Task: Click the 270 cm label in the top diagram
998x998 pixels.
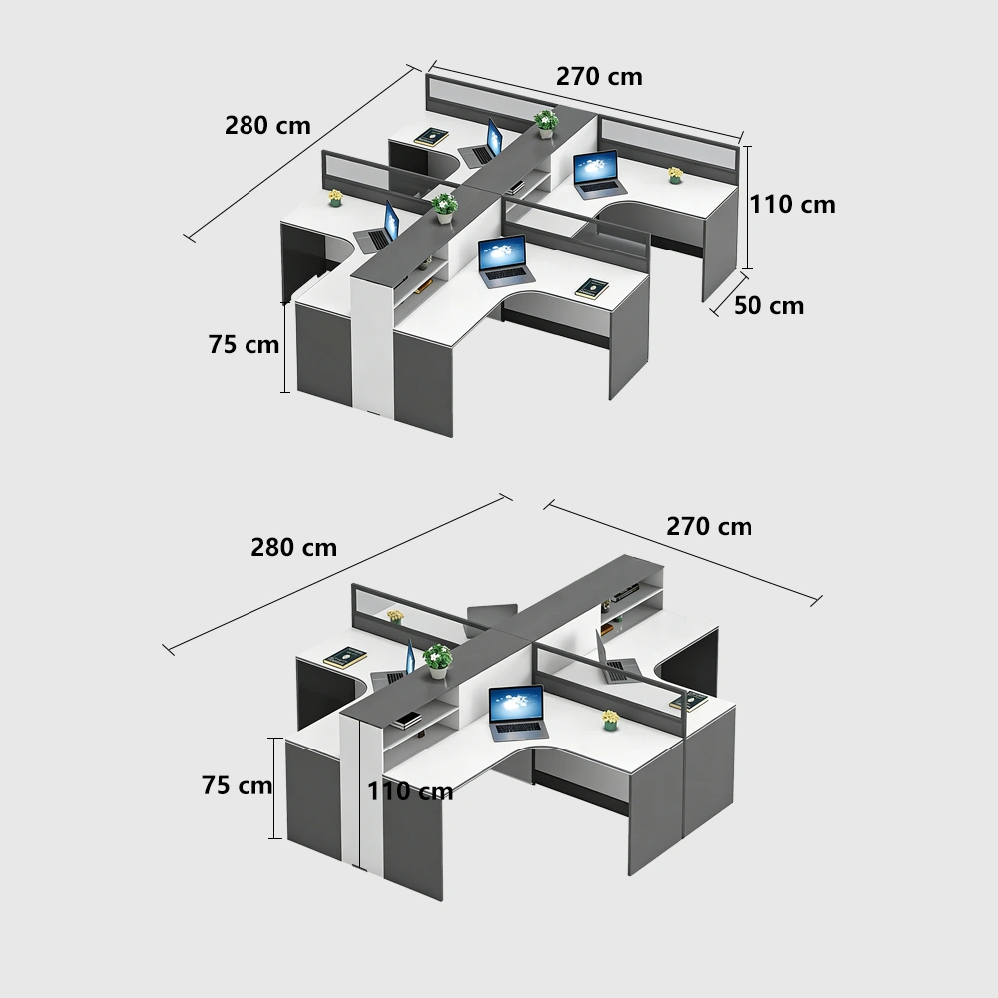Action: pyautogui.click(x=599, y=76)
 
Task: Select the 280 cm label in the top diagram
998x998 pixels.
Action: pyautogui.click(x=267, y=126)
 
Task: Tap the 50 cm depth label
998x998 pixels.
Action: pyautogui.click(x=768, y=306)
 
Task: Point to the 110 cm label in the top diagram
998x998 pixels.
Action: pyautogui.click(x=792, y=205)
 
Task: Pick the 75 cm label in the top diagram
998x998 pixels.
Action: pyautogui.click(x=244, y=345)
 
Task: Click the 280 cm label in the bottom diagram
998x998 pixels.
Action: pyautogui.click(x=293, y=548)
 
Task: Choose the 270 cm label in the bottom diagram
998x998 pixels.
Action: pyautogui.click(x=709, y=527)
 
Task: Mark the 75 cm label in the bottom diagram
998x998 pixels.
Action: pyautogui.click(x=237, y=786)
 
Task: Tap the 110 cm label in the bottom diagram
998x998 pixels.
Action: pyautogui.click(x=409, y=792)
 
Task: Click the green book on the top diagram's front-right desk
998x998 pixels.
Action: pyautogui.click(x=591, y=288)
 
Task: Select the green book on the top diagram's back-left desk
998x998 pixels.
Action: pyautogui.click(x=430, y=137)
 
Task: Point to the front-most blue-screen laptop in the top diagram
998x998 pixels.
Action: pyautogui.click(x=503, y=257)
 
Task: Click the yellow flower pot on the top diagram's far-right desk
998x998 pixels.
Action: pyautogui.click(x=675, y=176)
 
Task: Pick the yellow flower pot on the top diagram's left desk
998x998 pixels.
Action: pyautogui.click(x=335, y=198)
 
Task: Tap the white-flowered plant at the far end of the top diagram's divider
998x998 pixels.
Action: pyautogui.click(x=545, y=122)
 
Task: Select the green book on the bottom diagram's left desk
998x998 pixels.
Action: pyautogui.click(x=345, y=658)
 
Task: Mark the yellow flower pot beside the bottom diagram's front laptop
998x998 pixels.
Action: pyautogui.click(x=609, y=720)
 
